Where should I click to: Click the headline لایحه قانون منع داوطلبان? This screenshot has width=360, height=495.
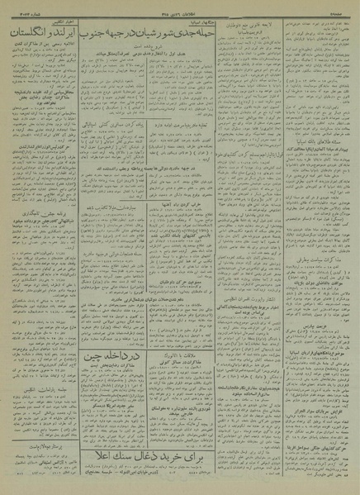point(250,25)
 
